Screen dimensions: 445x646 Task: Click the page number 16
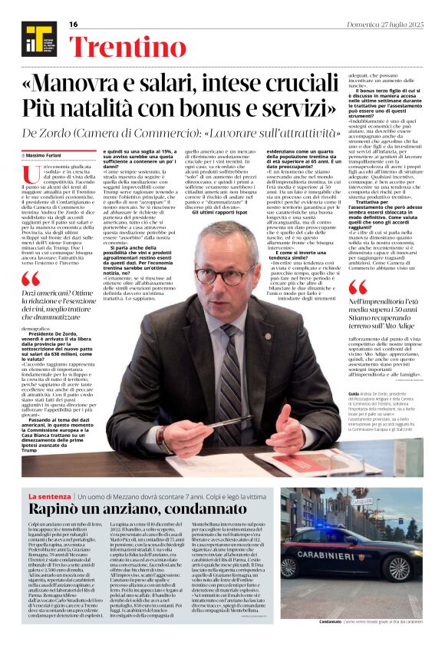point(74,25)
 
